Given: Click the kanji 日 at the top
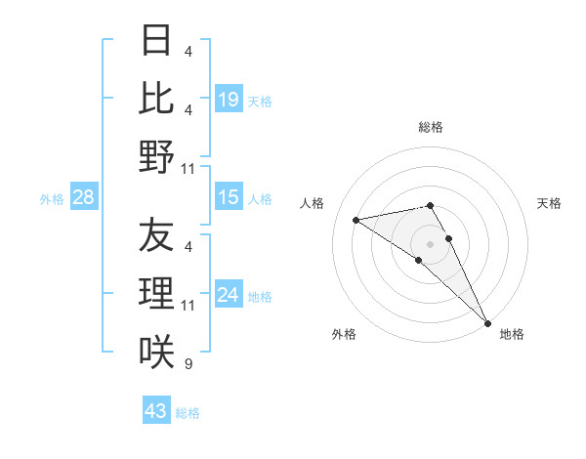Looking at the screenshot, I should click(156, 42).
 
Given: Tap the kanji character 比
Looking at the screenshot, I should click(156, 99).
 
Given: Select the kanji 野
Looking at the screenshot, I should click(156, 156).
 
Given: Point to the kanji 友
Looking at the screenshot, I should click(156, 236).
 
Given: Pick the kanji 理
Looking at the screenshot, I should click(156, 293).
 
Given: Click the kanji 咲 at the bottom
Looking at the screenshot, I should click(156, 351).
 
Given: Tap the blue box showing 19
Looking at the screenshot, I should click(229, 99).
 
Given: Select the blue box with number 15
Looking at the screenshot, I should click(229, 197).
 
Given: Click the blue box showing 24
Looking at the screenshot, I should click(229, 294).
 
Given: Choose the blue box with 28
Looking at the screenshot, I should click(84, 197).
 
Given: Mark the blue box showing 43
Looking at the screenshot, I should click(156, 411).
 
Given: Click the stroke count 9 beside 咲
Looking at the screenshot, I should click(188, 364).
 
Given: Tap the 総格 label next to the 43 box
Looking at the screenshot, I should click(188, 413).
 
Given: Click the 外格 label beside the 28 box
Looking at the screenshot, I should click(52, 199).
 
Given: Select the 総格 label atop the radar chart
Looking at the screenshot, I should click(430, 127).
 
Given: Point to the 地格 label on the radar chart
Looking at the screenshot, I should click(512, 335).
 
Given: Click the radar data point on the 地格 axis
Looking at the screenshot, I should click(487, 322).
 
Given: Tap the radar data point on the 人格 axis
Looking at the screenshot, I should click(356, 220).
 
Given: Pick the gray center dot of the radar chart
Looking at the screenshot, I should click(430, 243).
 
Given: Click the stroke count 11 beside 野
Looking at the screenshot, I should click(189, 169).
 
